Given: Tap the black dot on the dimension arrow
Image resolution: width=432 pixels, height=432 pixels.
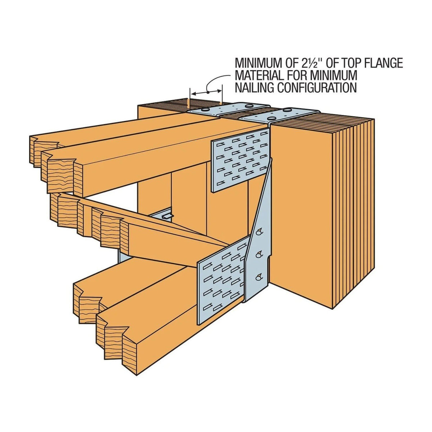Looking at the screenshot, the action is [208, 92].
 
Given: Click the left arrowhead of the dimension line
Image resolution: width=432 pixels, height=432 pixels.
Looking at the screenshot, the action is [195, 94].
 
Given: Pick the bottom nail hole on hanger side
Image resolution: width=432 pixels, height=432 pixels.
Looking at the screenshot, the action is [259, 278].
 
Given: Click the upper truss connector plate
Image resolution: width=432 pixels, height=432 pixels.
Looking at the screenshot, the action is [240, 160].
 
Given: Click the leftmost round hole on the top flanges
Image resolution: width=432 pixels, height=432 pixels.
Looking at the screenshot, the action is [205, 110].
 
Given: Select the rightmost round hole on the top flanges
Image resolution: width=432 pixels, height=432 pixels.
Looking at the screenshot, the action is [286, 110].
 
